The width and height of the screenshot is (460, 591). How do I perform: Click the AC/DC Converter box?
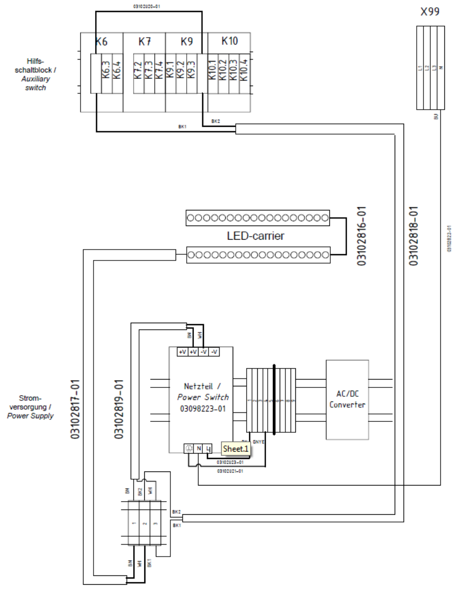coord(347,400)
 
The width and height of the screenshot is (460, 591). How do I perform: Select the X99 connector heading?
coord(430,12)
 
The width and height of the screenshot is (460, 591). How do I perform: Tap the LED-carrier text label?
coord(256,236)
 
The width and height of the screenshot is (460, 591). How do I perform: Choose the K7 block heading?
coord(144,42)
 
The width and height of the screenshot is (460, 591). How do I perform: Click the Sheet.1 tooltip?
coord(236,448)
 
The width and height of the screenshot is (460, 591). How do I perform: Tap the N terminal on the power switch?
coord(199,448)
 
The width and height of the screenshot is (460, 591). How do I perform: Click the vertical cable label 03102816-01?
coord(362,236)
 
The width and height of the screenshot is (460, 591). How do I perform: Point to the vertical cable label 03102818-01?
coord(413,236)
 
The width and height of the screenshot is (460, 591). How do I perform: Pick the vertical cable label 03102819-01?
coord(119,408)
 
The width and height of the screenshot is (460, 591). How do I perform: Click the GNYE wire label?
coord(259,441)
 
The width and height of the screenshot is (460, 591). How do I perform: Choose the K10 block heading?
coord(229,42)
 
